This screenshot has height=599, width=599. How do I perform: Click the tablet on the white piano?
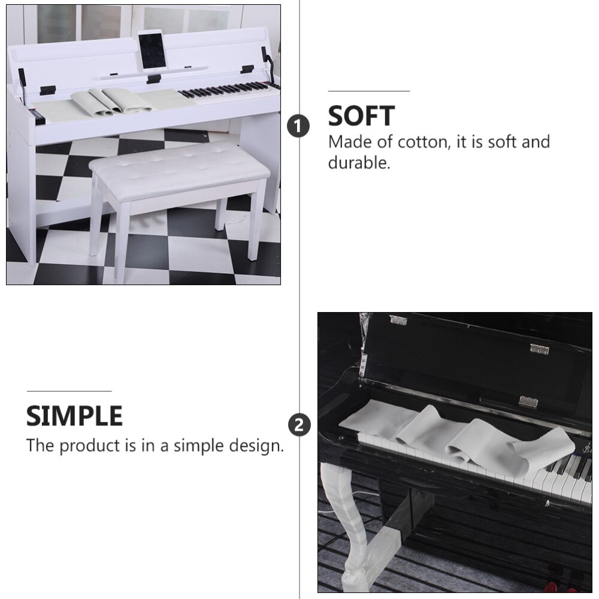[152, 52]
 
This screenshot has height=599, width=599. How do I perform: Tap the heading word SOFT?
[361, 116]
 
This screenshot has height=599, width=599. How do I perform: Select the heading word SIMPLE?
[74, 416]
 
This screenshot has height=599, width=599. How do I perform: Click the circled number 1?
[299, 126]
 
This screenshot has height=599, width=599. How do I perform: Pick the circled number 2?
[299, 425]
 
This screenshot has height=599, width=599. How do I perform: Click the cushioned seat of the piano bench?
[179, 167]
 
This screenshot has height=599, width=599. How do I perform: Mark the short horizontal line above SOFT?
[368, 91]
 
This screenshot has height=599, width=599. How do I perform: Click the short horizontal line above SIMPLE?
[69, 391]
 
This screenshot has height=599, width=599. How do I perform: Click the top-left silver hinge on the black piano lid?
[398, 320]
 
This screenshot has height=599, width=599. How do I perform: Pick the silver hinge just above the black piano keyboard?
[528, 402]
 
